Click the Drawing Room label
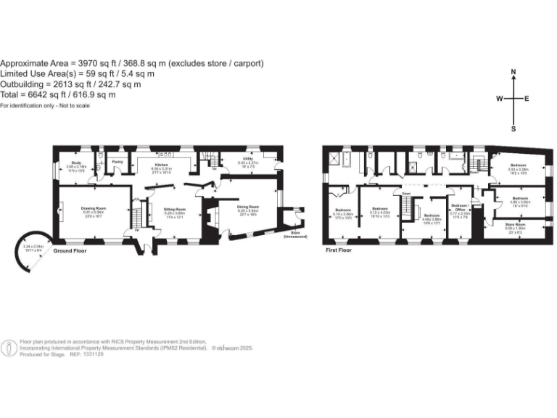pos(94,207)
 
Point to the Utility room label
pos(247,162)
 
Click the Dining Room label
pos(249,207)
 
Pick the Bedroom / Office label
pos(462,209)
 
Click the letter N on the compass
pos(513,72)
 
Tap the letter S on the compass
pos(513,129)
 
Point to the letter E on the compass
pos(527,99)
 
